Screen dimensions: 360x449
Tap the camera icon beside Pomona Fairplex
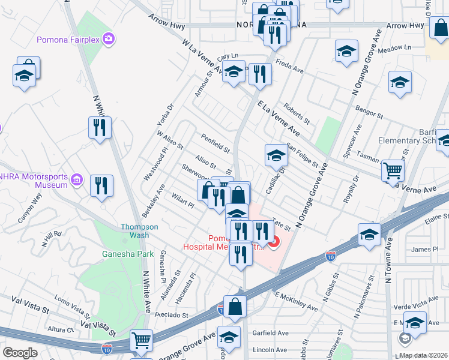(x=109, y=39)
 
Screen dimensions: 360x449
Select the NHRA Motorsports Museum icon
(x=76, y=180)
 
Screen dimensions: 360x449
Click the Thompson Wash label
(x=139, y=231)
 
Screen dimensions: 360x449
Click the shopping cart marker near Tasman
(x=393, y=170)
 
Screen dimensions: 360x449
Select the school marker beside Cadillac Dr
(x=276, y=155)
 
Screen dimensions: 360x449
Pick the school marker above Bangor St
(x=400, y=83)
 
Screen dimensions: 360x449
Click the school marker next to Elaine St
(x=369, y=234)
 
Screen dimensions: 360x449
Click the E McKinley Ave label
(x=296, y=301)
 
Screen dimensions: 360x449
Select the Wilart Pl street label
(x=182, y=201)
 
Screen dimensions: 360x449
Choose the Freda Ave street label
(x=289, y=65)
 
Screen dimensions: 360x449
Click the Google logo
(x=20, y=353)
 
